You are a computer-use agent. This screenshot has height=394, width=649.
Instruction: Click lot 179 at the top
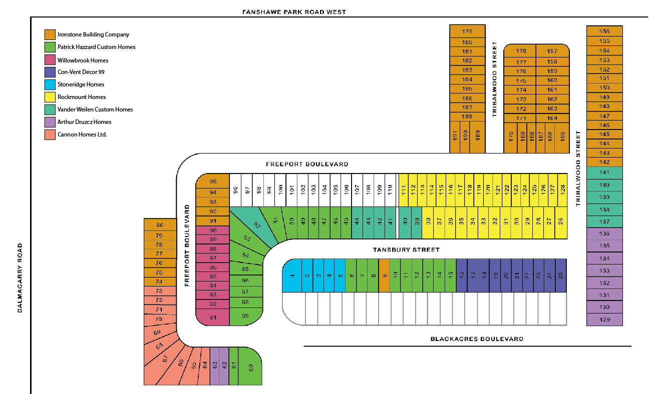point(467,31)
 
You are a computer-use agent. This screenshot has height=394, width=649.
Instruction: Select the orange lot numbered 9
point(384,275)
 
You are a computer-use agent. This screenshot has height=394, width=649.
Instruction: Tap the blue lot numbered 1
point(292,275)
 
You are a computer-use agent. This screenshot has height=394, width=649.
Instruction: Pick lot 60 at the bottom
point(250,366)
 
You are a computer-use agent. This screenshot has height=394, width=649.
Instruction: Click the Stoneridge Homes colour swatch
point(50,84)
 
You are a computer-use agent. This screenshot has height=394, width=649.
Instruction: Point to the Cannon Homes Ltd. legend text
point(82,134)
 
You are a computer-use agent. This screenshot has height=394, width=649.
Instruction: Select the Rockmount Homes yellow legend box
point(50,97)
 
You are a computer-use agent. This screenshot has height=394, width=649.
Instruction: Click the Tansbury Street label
point(406,249)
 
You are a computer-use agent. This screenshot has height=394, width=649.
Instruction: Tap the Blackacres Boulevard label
point(477,339)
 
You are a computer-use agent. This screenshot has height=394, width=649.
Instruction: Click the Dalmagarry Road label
point(21,277)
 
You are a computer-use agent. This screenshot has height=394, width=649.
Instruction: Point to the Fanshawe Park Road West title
point(294,12)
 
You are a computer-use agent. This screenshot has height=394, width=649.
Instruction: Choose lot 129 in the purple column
point(604,319)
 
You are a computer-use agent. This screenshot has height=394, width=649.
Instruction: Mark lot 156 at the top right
point(604,31)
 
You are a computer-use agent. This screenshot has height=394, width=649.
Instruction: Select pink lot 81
point(212,317)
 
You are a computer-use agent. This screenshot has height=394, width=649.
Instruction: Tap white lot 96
point(235,190)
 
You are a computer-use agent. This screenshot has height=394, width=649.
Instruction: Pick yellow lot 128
point(562,190)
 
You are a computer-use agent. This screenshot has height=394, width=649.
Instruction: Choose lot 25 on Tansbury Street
point(561,275)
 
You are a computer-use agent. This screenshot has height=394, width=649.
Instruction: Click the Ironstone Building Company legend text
point(93,34)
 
